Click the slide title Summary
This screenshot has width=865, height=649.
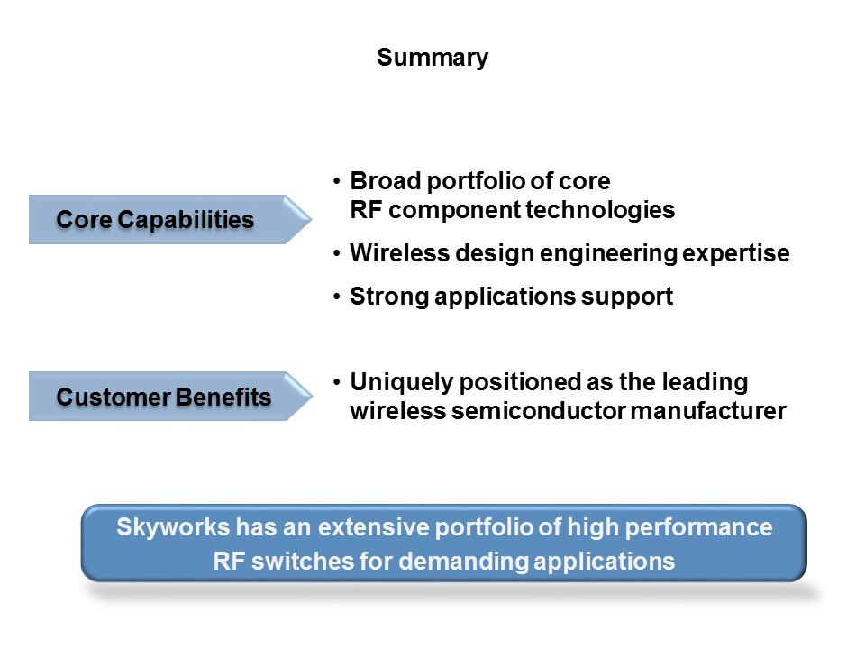[432, 58]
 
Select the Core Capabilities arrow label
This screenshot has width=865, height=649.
[155, 220]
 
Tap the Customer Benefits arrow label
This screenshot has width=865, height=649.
[163, 397]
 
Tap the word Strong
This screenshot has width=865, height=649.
[389, 297]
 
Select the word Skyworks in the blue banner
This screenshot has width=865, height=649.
[173, 527]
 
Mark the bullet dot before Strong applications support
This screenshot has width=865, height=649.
[336, 297]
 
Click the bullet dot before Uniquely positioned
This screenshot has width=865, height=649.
[336, 382]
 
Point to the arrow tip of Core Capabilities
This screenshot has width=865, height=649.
[312, 220]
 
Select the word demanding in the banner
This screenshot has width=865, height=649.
[464, 562]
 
